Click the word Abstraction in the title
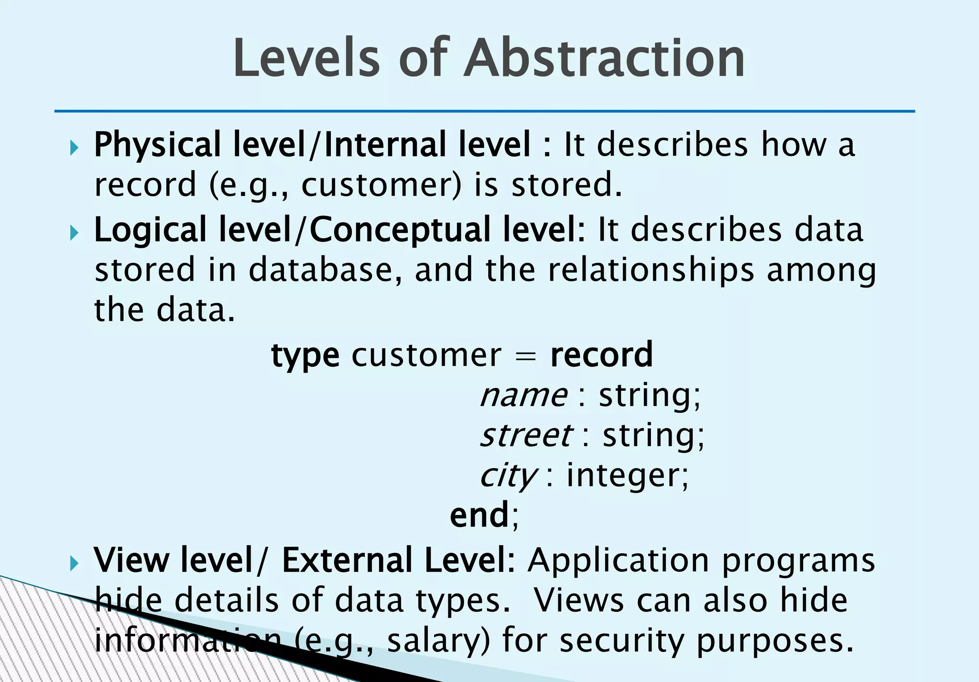[605, 58]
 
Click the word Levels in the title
[306, 58]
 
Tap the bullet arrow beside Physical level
[74, 148]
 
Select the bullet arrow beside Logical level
[74, 233]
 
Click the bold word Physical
[157, 145]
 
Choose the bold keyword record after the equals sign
[601, 355]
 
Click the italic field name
[523, 396]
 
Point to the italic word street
[526, 436]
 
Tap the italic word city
[508, 476]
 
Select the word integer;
[628, 476]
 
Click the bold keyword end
[479, 516]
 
